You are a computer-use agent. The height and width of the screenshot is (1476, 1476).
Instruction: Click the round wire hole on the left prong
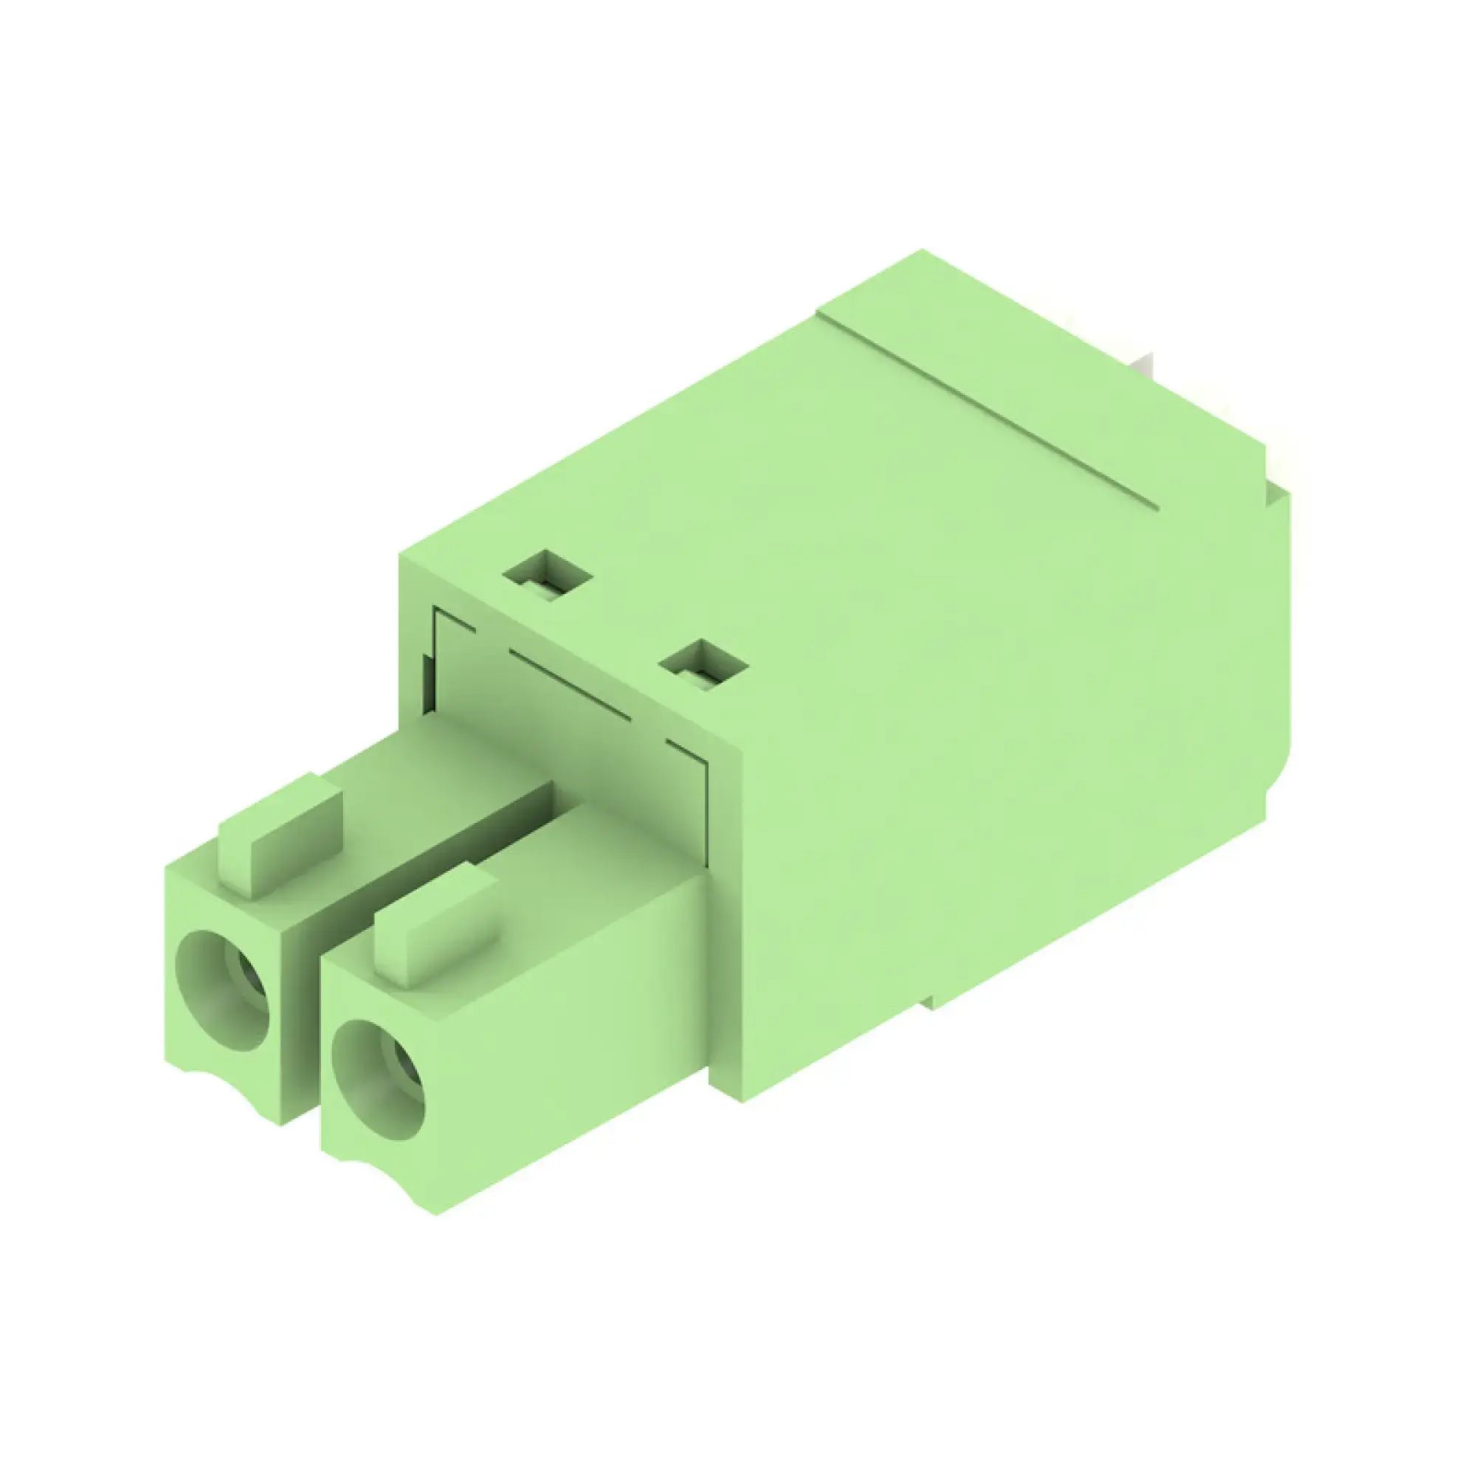[222, 990]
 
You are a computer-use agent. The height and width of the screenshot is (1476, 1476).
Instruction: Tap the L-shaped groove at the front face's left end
[451, 617]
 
